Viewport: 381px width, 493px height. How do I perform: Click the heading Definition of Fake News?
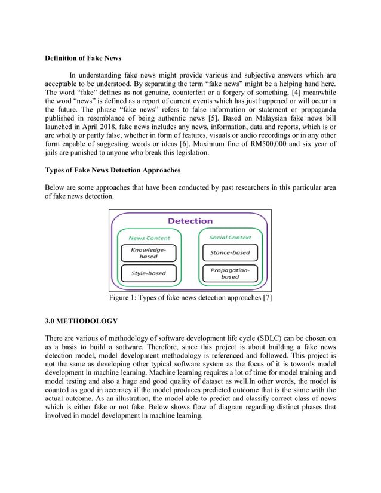coord(83,58)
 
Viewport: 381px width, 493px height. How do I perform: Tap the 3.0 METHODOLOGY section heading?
coord(81,321)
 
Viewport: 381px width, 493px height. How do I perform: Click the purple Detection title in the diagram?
coord(190,221)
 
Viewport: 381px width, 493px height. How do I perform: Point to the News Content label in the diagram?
coord(149,238)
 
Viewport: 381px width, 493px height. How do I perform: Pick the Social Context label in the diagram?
coord(230,238)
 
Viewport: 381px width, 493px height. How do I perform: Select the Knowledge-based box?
coord(149,253)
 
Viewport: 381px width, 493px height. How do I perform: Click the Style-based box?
coord(149,274)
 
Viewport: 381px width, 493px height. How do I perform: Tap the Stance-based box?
coord(230,252)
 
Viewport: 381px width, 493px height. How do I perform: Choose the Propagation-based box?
coord(230,273)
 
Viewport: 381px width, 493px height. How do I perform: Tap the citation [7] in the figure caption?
coord(267,298)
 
